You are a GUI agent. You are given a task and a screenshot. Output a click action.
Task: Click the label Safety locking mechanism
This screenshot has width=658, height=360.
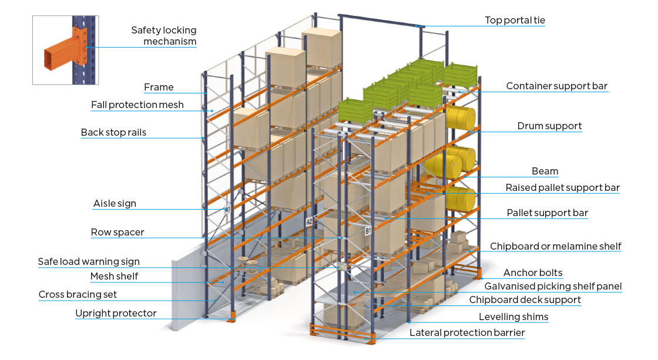(x=163, y=35)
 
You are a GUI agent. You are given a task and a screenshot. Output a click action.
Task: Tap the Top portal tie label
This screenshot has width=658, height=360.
(x=515, y=21)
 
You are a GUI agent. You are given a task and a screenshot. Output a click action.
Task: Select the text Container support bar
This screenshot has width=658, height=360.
(x=556, y=86)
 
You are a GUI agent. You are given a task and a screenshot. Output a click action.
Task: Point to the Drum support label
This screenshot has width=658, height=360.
(x=549, y=126)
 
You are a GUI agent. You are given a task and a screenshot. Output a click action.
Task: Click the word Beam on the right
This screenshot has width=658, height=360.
(x=545, y=171)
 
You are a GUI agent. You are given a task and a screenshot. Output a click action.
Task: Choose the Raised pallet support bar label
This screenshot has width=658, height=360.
(x=562, y=188)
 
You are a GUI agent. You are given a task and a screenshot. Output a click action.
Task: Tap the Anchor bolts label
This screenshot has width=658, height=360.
(x=533, y=272)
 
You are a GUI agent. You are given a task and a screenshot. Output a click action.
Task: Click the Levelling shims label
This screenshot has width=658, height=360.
(x=513, y=317)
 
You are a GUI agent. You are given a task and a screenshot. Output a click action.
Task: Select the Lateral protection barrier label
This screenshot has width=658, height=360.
(x=467, y=333)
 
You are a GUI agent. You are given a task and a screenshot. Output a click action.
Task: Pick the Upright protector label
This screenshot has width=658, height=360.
(x=116, y=314)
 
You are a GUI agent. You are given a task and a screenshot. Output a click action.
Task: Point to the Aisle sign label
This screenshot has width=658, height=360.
(x=115, y=204)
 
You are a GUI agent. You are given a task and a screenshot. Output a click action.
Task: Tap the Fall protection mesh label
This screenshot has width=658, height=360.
(x=137, y=105)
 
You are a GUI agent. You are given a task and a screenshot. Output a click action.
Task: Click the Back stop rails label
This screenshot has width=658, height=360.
(x=113, y=133)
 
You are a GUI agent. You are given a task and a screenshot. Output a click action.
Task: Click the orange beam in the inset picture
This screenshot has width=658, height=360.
(x=59, y=59)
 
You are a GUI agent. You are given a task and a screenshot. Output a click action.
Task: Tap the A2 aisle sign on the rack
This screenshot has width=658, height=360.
(x=309, y=222)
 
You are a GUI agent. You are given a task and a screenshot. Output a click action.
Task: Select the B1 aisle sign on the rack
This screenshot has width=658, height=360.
(x=368, y=231)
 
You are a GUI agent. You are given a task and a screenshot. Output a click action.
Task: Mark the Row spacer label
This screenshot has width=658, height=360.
(x=117, y=233)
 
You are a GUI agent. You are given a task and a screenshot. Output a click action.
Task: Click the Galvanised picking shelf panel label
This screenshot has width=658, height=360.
(x=553, y=287)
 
